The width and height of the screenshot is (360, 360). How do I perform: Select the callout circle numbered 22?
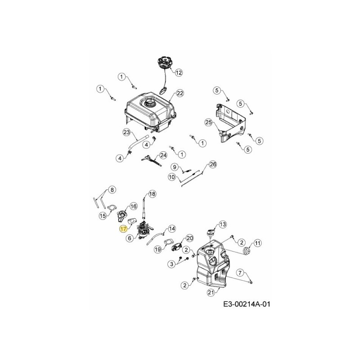(180, 93)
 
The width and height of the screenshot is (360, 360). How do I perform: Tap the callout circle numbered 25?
(208, 122)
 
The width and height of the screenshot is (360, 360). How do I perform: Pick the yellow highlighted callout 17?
(123, 229)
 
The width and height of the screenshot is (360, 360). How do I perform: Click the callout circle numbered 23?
(126, 132)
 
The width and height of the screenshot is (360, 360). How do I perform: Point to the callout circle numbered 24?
(163, 155)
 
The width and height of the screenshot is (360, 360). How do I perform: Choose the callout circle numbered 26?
(213, 165)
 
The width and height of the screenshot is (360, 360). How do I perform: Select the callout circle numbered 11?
(257, 243)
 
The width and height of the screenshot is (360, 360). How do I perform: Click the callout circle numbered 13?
(222, 224)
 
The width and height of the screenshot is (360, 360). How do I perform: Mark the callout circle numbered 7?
(240, 272)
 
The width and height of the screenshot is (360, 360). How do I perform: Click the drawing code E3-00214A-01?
(247, 304)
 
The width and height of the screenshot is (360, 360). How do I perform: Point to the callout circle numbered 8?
(112, 189)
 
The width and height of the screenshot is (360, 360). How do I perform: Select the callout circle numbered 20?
(189, 238)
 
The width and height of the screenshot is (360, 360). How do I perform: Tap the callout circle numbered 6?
(130, 238)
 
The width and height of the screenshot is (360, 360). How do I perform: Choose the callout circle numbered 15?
(103, 216)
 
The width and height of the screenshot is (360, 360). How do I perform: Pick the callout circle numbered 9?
(175, 167)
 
